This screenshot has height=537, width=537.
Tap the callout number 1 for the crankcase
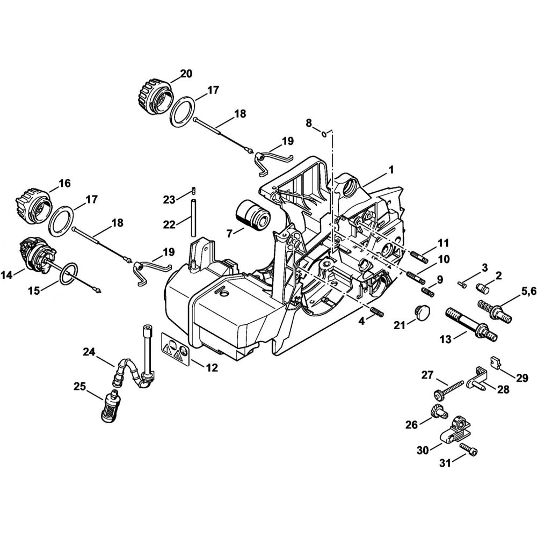391,169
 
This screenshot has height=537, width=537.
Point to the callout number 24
89,352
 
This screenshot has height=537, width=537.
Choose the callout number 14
7,275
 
